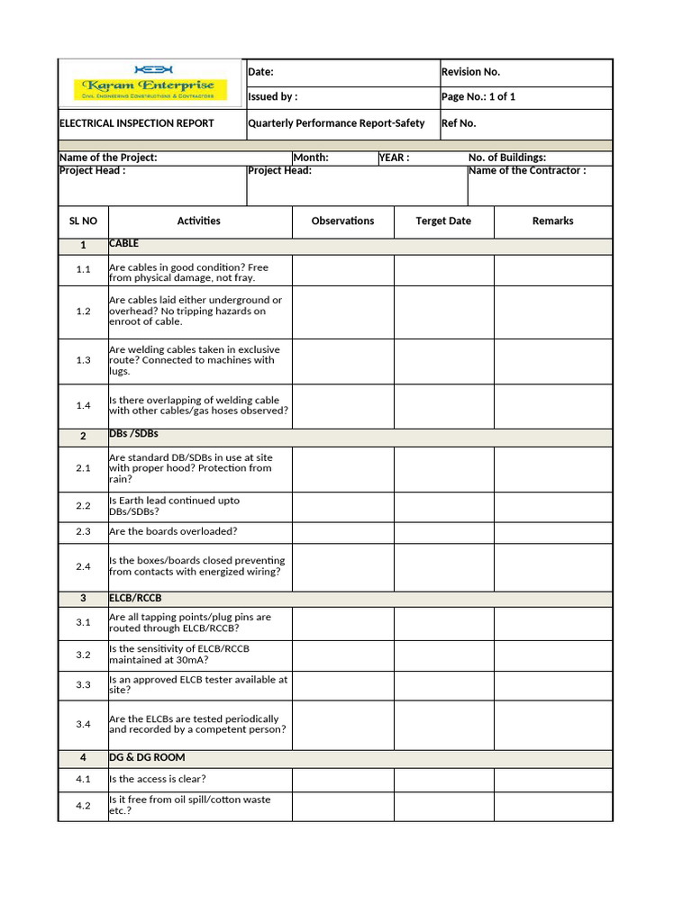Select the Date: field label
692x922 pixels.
(260, 72)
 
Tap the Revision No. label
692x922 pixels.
(470, 72)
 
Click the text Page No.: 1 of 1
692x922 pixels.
(478, 97)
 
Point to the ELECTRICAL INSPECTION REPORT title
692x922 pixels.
(137, 123)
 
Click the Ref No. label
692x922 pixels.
(459, 123)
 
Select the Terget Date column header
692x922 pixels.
(443, 221)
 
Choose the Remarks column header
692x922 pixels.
(552, 221)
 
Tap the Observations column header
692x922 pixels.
(342, 221)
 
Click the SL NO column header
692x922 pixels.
(83, 221)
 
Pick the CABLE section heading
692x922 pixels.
(124, 244)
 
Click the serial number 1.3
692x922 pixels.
(83, 360)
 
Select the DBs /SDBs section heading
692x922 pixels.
(133, 435)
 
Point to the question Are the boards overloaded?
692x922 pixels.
(173, 531)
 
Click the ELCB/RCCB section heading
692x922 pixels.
(135, 598)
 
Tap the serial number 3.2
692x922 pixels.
(83, 655)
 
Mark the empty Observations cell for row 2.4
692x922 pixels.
(342, 566)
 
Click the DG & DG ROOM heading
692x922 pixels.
(147, 757)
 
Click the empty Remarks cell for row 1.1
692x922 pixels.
(552, 270)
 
